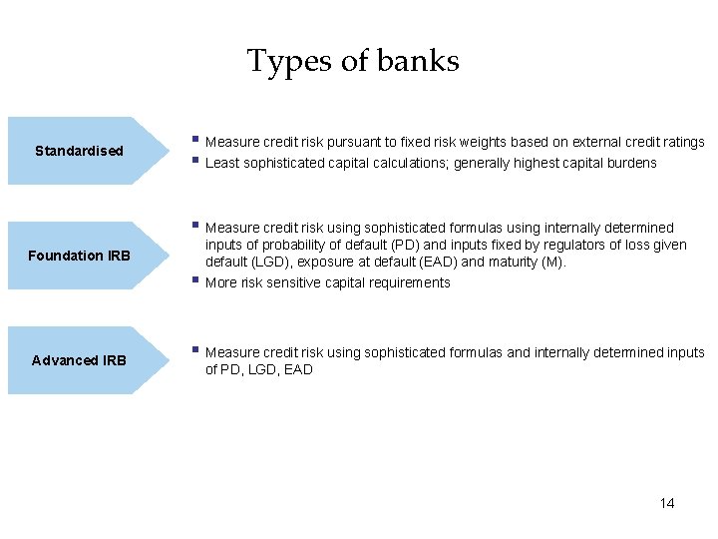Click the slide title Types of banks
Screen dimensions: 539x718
(x=353, y=61)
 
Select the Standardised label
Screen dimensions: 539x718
(x=79, y=151)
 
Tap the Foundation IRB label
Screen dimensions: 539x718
(x=79, y=256)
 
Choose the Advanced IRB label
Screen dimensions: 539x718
(x=79, y=360)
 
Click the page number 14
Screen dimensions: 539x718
(x=666, y=503)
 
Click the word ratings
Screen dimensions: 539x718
(x=683, y=143)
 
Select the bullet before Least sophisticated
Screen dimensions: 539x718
(x=196, y=161)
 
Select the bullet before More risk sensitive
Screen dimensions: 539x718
(x=196, y=280)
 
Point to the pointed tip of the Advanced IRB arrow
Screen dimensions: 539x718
(x=172, y=359)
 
